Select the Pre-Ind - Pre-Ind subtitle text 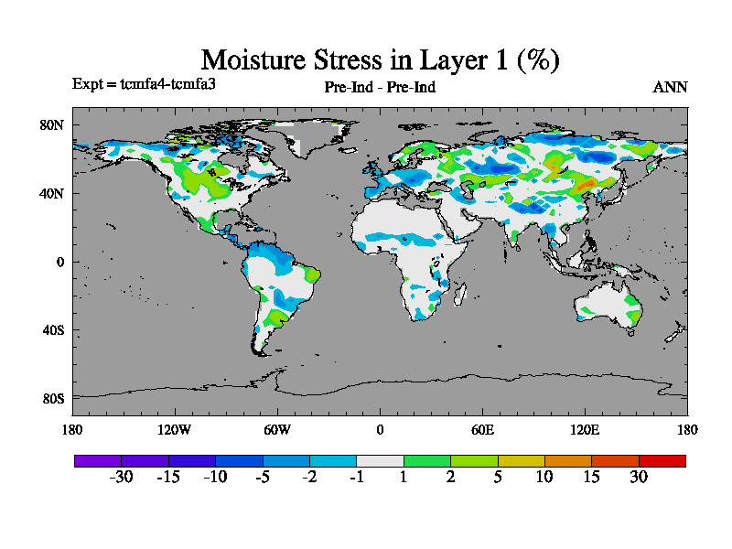(380, 88)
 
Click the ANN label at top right (670, 88)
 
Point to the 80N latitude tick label (52, 124)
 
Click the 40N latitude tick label (52, 193)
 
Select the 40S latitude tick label (53, 330)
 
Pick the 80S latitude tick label (53, 399)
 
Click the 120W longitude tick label (175, 429)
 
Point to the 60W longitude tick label (277, 429)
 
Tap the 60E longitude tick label (482, 429)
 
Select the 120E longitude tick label (585, 429)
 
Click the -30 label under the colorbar (121, 477)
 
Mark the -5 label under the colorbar (262, 477)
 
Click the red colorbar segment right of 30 (662, 460)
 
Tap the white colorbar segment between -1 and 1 (380, 460)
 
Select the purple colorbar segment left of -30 (97, 460)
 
